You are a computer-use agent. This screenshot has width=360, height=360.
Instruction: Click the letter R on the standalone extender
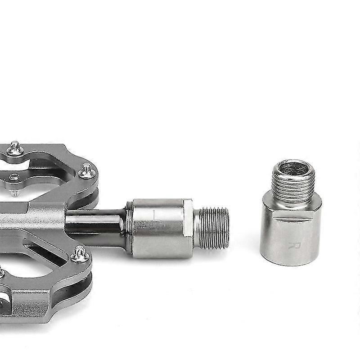(x=297, y=246)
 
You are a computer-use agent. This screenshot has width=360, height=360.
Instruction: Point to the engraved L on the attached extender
(x=155, y=215)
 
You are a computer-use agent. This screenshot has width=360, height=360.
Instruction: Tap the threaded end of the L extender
(x=214, y=228)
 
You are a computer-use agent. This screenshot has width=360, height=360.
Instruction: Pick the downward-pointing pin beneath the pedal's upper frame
(x=15, y=193)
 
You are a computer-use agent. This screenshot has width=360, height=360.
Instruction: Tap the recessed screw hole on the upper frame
(x=14, y=178)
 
